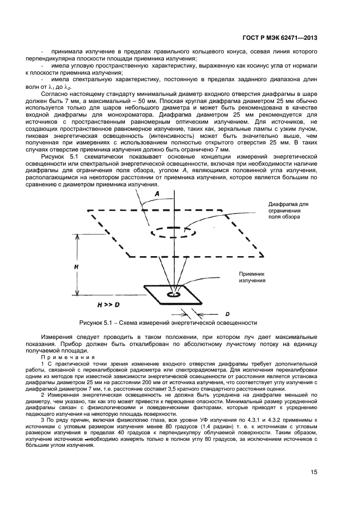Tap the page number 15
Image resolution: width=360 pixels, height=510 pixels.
click(x=314, y=472)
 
